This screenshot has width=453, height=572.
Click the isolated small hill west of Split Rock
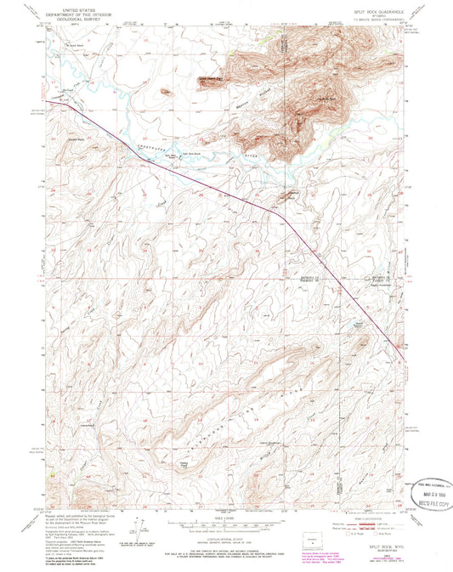point(165,91)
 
